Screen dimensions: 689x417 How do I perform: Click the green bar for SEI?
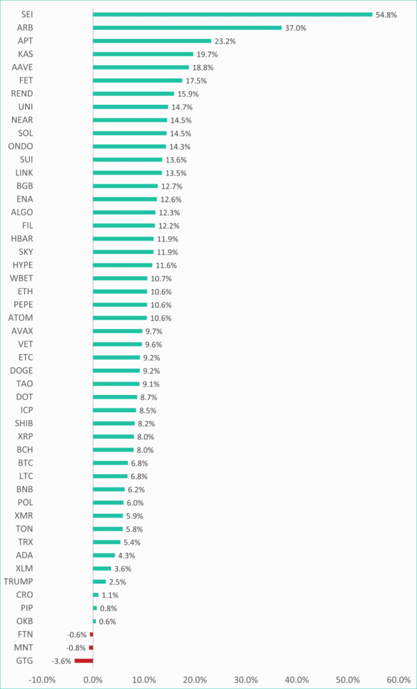[x=232, y=15]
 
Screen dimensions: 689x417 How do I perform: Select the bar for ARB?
[x=187, y=27]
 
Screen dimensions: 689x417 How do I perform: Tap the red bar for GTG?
[x=84, y=661]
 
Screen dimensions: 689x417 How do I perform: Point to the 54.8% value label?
[x=386, y=15]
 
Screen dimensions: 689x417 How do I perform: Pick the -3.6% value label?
[x=62, y=661]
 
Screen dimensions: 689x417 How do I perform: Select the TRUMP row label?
[x=18, y=581]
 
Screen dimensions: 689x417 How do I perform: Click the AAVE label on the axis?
[x=22, y=67]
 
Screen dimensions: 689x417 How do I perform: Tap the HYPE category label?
[x=22, y=265]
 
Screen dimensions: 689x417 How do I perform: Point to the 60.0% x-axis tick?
[x=399, y=679]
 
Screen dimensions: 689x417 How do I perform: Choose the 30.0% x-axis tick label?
[x=245, y=679]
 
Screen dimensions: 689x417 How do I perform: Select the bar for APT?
[x=152, y=41]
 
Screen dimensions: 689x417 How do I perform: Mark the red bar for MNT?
[x=91, y=648]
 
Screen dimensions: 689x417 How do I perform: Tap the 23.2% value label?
[x=225, y=41]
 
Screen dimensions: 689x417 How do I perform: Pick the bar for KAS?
[x=143, y=54]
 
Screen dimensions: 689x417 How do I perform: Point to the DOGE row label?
[x=22, y=371]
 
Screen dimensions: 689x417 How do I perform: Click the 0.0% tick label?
[x=92, y=679]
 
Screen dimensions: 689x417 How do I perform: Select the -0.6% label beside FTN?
[x=77, y=635]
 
